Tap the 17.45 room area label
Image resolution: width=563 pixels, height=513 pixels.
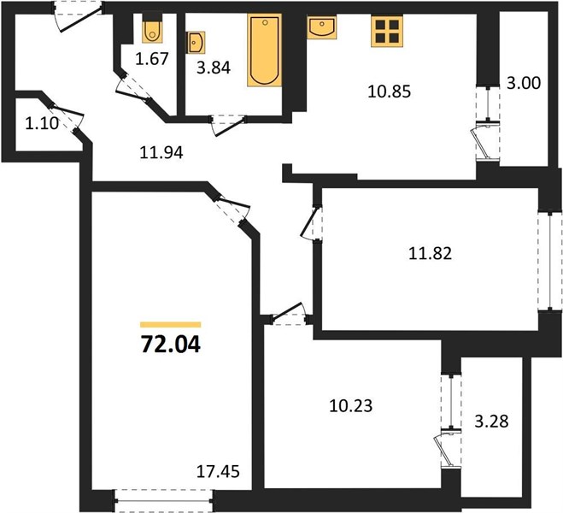[x=218, y=470]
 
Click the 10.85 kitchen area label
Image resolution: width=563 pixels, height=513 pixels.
[x=390, y=91]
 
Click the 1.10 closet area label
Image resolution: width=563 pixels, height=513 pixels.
[x=38, y=123]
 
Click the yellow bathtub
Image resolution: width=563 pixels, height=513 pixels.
[x=265, y=51]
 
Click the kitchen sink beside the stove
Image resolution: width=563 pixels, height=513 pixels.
[x=325, y=28]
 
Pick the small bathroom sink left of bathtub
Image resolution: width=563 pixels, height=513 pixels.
[x=195, y=40]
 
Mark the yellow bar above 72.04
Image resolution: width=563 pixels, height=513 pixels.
[x=169, y=325]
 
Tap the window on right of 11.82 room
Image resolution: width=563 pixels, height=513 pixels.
[x=544, y=260]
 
